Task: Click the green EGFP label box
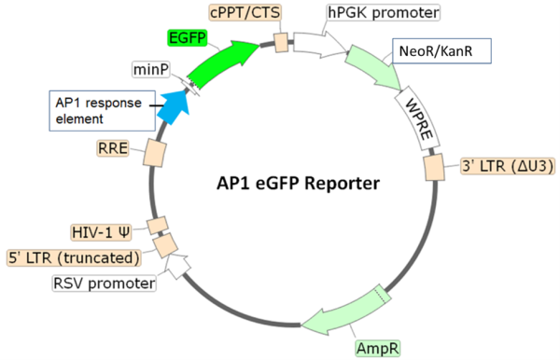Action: (188, 39)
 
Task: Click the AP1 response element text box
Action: (94, 109)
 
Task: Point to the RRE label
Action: (112, 148)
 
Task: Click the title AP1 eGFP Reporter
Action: (292, 183)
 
